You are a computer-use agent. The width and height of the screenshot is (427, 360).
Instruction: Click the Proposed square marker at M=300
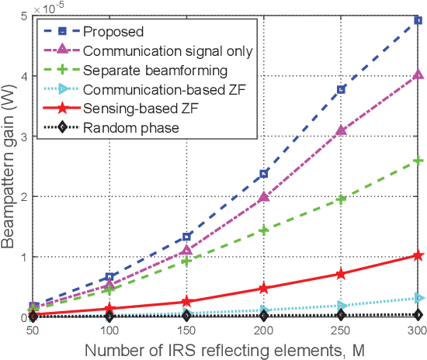[418, 21]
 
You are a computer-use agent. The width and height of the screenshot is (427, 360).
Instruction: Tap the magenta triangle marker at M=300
[418, 74]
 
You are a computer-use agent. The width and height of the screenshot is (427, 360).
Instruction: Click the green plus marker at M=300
[418, 161]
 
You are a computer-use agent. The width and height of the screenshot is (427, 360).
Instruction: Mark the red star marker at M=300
[418, 255]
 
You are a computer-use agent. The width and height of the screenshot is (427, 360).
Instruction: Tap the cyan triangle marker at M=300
[418, 298]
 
